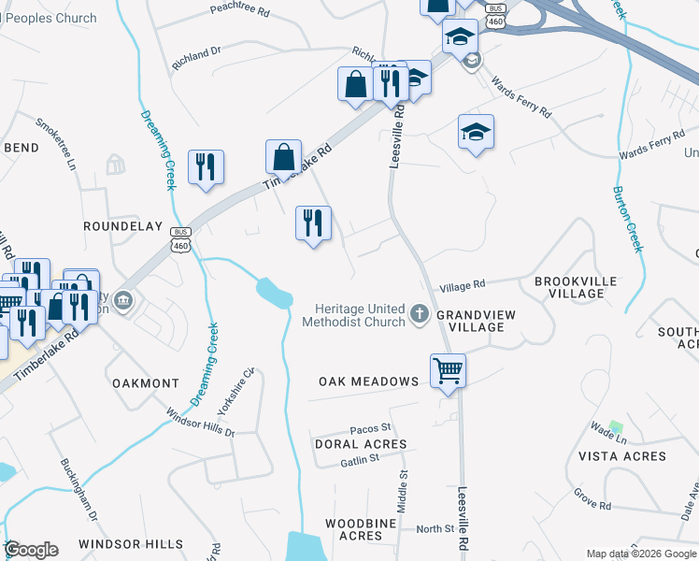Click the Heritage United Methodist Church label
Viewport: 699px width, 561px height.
(353, 315)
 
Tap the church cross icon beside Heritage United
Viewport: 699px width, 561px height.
(420, 315)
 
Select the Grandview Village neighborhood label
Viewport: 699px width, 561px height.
(477, 322)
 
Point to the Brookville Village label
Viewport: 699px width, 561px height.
(569, 287)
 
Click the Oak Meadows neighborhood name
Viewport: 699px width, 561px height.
(368, 381)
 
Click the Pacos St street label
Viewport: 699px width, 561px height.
(370, 428)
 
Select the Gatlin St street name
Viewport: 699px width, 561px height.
(359, 459)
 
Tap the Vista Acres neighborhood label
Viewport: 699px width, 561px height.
(622, 456)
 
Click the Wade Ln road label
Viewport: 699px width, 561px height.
(608, 434)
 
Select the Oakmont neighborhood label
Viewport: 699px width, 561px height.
(145, 383)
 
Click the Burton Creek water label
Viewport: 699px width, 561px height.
(627, 218)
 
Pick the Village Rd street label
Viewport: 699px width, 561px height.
(463, 285)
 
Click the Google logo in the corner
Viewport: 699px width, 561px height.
(31, 550)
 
